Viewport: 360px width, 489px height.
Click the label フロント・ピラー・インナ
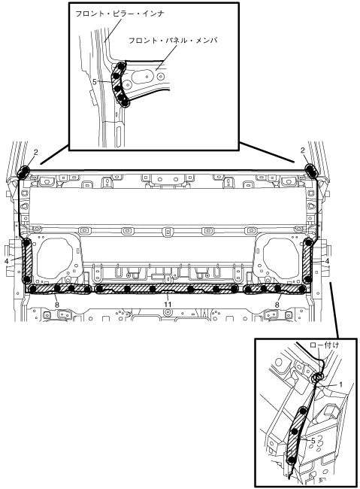coord(120,14)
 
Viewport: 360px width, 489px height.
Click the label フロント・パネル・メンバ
coord(173,40)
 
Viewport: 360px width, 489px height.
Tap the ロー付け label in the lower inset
coord(324,345)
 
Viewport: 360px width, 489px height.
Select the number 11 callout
coord(168,304)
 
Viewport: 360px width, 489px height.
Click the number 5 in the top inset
coord(95,81)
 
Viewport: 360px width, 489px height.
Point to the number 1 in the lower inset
coord(340,384)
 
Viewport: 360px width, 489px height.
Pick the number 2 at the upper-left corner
coord(36,152)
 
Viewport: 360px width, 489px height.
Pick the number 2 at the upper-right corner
coord(302,150)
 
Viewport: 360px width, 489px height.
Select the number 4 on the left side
coord(7,261)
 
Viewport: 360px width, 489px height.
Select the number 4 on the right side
coord(327,261)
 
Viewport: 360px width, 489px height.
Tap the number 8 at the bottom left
coord(56,305)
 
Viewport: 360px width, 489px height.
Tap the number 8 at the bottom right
coord(277,305)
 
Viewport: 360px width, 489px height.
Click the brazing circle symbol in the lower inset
coord(318,378)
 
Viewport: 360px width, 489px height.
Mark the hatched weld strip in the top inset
coord(119,85)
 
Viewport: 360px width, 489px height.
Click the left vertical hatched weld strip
coord(27,261)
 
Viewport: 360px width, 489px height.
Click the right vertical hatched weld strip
coord(308,261)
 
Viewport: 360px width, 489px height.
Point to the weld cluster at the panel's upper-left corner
coord(23,172)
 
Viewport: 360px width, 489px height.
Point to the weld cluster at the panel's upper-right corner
coord(310,170)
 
